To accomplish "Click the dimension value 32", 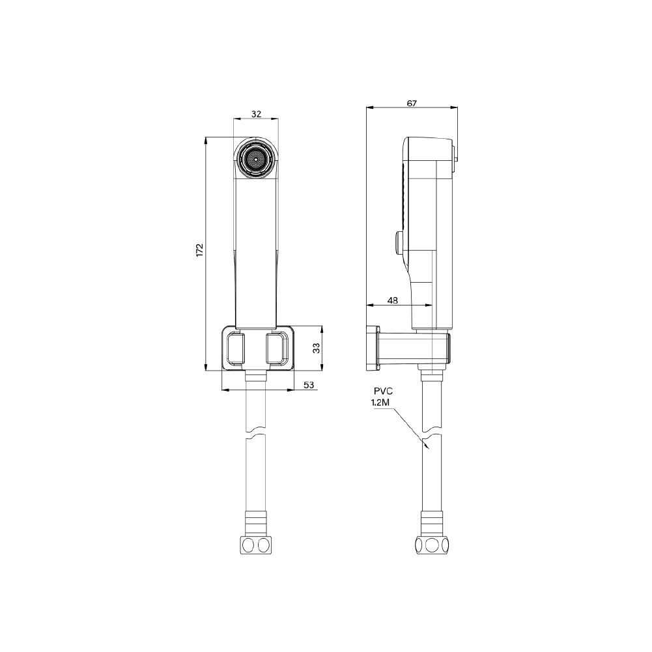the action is (256, 114).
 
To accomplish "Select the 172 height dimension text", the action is (200, 250).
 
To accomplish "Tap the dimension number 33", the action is (317, 348).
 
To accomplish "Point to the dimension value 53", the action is (309, 385).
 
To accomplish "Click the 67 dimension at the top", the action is (412, 103).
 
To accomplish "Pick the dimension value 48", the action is (393, 300).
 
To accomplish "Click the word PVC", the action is (383, 391).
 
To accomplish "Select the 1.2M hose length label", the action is (380, 403).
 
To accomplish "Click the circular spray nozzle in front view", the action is (255, 158).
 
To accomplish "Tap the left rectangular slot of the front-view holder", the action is (236, 348).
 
